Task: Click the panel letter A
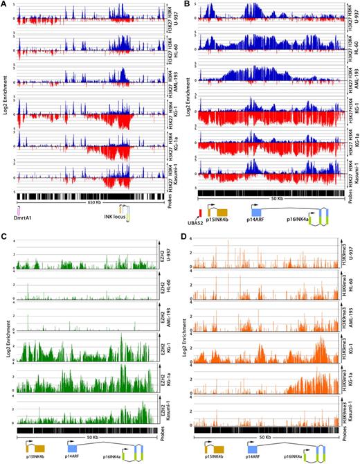(4, 5)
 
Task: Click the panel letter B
(186, 5)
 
